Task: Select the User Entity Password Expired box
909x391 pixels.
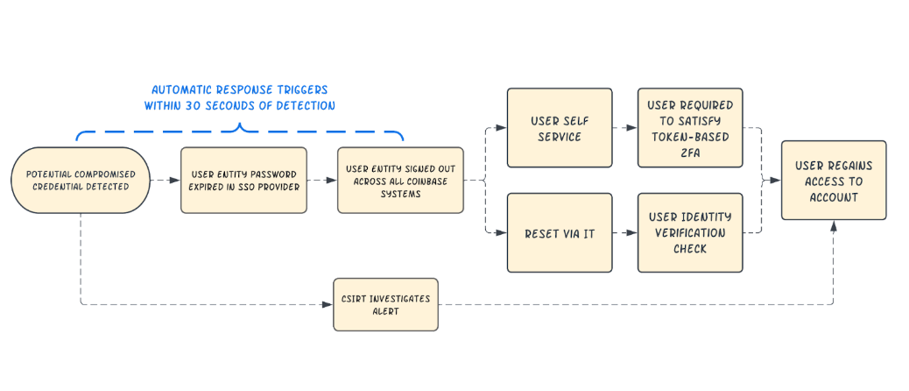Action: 243,181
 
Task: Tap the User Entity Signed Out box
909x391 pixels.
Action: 400,181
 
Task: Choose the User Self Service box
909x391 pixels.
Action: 560,128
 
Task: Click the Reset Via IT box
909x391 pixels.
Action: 560,233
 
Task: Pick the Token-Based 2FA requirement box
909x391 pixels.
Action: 690,128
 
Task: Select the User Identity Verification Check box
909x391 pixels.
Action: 690,233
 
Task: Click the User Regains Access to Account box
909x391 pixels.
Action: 834,181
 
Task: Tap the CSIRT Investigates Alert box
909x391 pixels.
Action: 385,304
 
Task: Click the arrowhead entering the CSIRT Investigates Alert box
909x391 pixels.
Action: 328,304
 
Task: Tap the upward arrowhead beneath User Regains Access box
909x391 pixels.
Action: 834,226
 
